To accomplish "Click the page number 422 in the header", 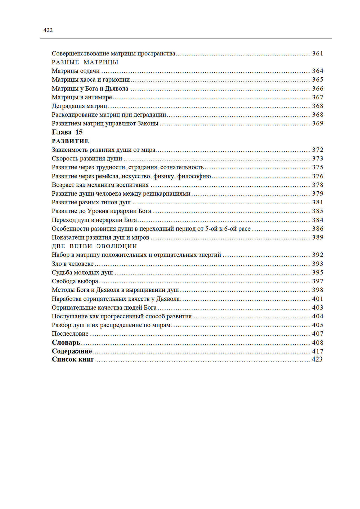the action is [48, 30].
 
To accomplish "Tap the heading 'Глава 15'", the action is [67, 132].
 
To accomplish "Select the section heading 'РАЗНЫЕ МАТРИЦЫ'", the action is [85, 62].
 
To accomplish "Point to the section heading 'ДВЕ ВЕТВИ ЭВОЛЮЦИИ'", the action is [94, 246].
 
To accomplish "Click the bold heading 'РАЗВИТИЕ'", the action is [70, 141].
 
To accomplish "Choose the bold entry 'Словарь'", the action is [66, 342].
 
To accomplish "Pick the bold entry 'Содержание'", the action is [72, 351].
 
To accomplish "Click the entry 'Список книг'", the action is [73, 359].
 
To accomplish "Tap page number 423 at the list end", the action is [317, 359].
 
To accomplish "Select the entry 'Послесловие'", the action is [70, 334].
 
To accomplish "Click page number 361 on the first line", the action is [318, 54].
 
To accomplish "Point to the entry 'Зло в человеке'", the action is [72, 264].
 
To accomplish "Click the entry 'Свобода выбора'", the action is [75, 281].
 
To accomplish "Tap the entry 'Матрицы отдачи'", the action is [76, 71].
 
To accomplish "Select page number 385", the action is [318, 211].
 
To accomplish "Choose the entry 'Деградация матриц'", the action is [79, 106].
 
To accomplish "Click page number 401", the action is [318, 299].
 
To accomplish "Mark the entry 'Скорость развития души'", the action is [87, 159].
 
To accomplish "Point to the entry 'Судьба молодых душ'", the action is [82, 273].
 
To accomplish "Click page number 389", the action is [318, 237].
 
